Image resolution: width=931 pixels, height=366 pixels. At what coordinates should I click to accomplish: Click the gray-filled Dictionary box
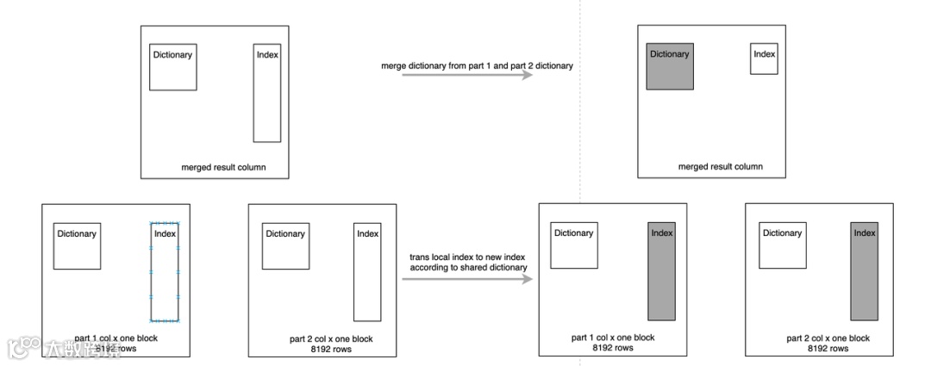pos(670,66)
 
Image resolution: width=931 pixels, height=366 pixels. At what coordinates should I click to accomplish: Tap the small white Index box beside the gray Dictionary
pos(764,59)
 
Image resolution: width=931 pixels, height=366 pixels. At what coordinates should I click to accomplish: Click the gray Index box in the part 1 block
pos(661,271)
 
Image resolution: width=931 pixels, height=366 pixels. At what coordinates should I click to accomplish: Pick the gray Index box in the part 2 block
pos(864,271)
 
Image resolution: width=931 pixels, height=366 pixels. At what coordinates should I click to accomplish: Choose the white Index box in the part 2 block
pos(367,272)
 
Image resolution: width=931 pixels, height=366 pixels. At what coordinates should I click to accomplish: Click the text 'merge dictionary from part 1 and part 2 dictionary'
pos(477,65)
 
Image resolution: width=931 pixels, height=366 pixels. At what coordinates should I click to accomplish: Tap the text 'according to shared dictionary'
pos(468,268)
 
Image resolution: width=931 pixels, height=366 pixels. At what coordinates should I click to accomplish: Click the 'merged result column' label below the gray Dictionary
pos(720,167)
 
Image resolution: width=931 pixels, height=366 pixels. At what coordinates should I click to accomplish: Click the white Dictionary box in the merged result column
pos(172,66)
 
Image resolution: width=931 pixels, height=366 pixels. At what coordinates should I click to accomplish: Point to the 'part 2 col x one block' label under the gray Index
pos(828,338)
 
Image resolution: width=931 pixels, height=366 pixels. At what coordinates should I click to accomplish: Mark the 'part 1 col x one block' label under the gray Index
pos(613,337)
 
